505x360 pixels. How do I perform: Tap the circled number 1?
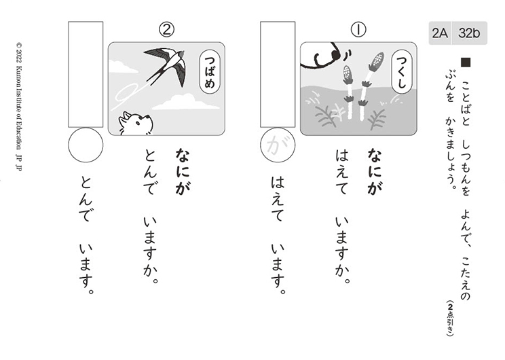(358, 30)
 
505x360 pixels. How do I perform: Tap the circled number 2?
(167, 30)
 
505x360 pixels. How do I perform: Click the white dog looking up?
(136, 123)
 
